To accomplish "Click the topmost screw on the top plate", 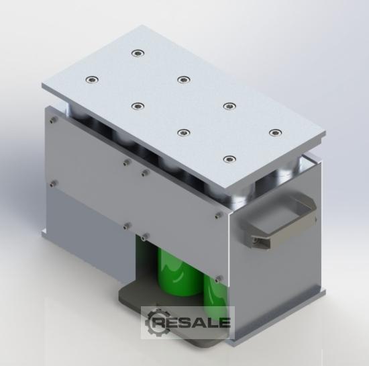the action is click(138, 53).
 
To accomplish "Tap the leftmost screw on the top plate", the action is click(93, 80).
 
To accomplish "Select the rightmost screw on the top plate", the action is click(275, 132).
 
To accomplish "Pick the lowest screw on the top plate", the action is click(229, 159).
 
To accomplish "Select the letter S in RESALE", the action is click(186, 322).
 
